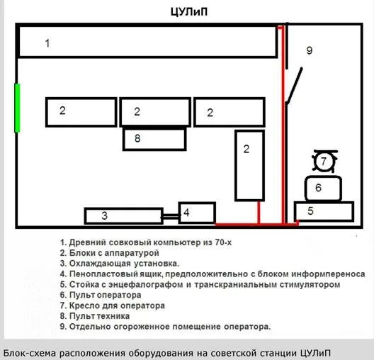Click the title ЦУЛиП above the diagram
point(189,11)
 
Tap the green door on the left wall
point(17,108)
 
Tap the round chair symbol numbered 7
point(324,161)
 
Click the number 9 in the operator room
point(310,50)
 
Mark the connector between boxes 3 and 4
point(171,217)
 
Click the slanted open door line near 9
point(295,86)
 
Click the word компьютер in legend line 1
point(177,242)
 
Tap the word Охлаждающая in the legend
point(100,264)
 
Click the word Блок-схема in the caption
point(30,353)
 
